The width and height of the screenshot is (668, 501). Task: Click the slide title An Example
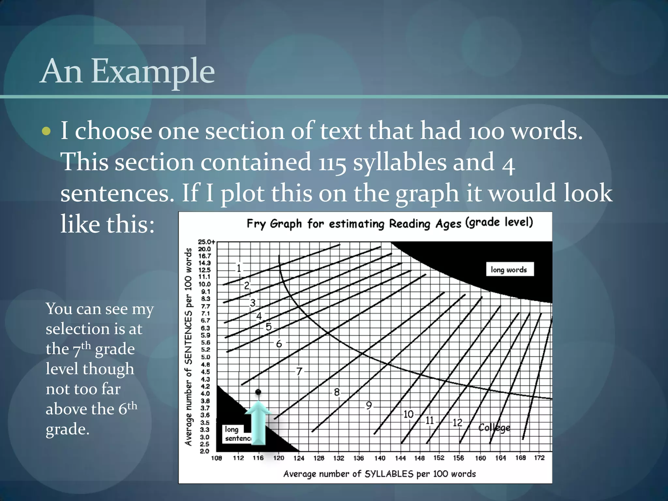point(128,71)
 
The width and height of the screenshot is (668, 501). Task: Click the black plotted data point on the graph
point(258,392)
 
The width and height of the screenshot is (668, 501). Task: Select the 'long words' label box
point(509,269)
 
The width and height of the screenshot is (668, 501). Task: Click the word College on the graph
point(494,428)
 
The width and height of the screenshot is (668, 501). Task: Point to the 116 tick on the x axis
point(258,458)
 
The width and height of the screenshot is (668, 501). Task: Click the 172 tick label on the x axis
point(539,458)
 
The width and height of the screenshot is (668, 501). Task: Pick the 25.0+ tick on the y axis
point(206,242)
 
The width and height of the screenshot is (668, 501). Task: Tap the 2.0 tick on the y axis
point(205,451)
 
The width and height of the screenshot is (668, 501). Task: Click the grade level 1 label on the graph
point(239,268)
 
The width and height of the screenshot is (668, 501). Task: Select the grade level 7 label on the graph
point(299,372)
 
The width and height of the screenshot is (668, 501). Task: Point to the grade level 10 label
point(408,414)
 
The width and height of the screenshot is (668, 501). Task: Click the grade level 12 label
point(457,423)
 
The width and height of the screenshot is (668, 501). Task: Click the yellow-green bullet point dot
point(46,131)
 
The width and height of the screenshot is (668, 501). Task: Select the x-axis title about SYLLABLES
point(379,474)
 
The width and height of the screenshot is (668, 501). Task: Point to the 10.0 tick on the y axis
point(205,284)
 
